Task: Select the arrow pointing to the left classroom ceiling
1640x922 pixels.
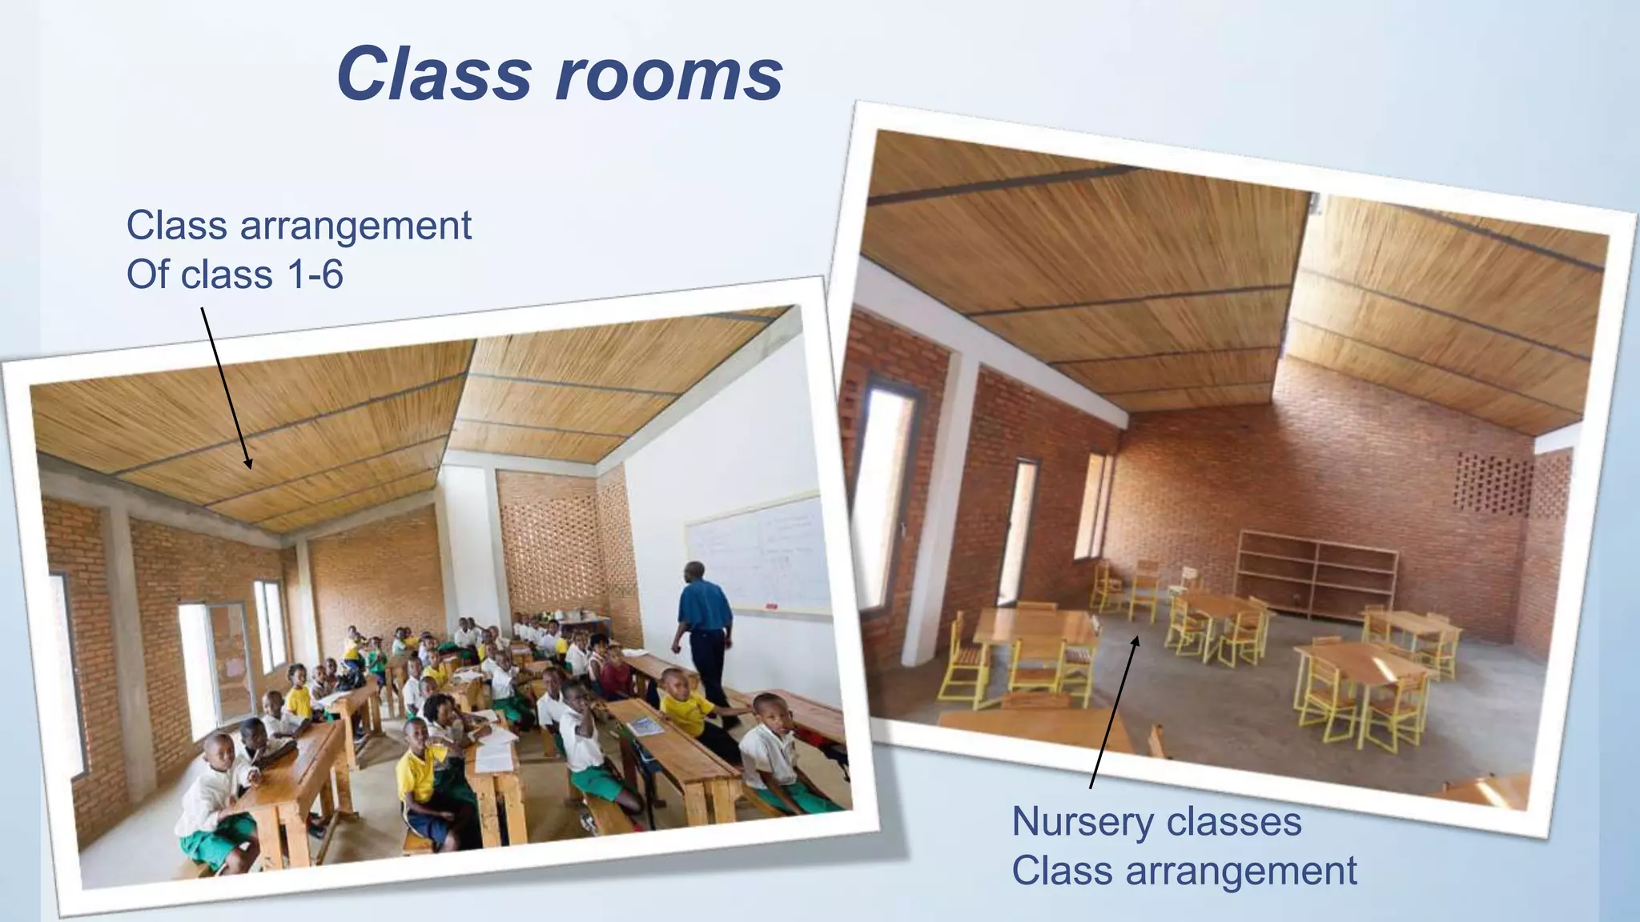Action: (x=226, y=388)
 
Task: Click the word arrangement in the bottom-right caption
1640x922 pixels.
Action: (x=1241, y=872)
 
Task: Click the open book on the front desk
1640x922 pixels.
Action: (x=645, y=726)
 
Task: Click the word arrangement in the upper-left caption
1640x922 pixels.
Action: (x=356, y=226)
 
